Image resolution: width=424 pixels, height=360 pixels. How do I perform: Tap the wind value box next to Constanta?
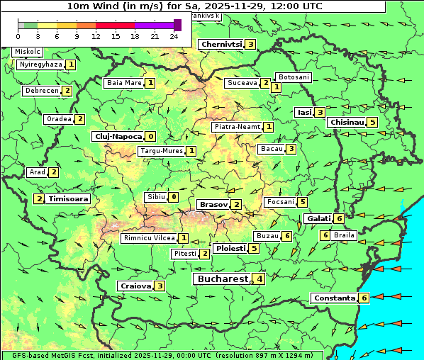click(364, 298)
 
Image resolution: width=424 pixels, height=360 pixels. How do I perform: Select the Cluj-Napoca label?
click(118, 136)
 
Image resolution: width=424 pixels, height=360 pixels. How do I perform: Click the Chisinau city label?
click(347, 123)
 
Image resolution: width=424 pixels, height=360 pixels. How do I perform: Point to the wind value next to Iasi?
click(320, 112)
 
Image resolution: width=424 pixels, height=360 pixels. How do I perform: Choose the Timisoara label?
click(69, 199)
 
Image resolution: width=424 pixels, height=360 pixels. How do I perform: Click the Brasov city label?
click(213, 205)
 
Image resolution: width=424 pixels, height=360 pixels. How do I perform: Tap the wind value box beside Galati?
click(340, 218)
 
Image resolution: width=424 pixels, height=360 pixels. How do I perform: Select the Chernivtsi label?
click(221, 44)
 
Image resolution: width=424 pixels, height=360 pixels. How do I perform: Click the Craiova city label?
click(135, 286)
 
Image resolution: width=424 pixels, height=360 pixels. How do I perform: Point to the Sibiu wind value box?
click(173, 197)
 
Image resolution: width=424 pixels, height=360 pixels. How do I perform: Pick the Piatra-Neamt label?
click(237, 127)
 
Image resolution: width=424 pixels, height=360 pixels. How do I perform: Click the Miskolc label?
click(28, 52)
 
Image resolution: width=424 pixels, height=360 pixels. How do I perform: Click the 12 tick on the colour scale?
click(96, 36)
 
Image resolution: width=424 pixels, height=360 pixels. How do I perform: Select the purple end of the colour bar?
click(177, 25)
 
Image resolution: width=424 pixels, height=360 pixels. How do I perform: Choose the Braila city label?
click(344, 235)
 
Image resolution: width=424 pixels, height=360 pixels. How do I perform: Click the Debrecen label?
click(41, 91)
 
